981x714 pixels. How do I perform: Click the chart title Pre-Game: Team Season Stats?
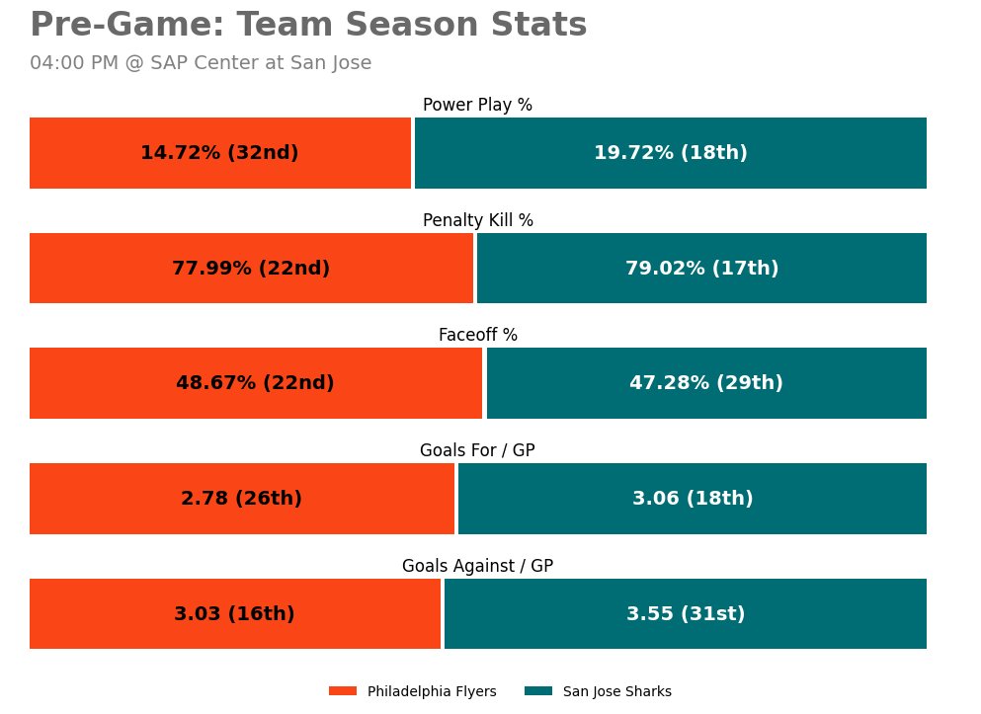(x=308, y=26)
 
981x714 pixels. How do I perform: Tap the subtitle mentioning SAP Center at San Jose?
(x=201, y=63)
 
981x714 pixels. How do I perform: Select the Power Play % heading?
(x=477, y=105)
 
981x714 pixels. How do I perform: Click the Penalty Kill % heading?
(x=477, y=220)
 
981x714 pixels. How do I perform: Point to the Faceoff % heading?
(x=477, y=336)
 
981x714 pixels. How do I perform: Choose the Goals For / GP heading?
(x=477, y=450)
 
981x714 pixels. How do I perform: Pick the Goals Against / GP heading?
(x=477, y=566)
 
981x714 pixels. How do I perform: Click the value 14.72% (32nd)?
(x=219, y=153)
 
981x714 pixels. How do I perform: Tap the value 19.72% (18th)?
(x=670, y=153)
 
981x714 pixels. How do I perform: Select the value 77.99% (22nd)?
(x=251, y=269)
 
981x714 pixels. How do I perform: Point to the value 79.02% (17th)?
(x=701, y=269)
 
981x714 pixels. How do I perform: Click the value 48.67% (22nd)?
(x=255, y=383)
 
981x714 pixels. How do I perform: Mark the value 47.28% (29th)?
(x=705, y=383)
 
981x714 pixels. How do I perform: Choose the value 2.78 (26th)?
(x=241, y=499)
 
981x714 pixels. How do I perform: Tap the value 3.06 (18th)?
(x=693, y=499)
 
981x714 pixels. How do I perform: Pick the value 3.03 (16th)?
(x=234, y=614)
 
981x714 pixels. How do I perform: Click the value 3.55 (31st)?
(x=686, y=614)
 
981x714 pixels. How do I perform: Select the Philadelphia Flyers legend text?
(x=432, y=691)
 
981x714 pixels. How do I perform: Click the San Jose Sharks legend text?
(x=616, y=691)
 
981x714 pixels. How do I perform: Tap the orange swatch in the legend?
(x=343, y=691)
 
